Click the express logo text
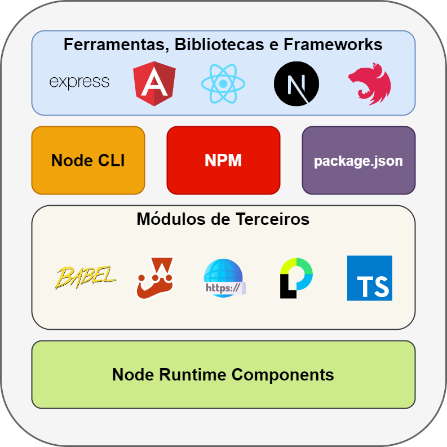[x=79, y=82]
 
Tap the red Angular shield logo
[x=154, y=84]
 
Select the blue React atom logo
[x=223, y=84]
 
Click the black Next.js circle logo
[x=296, y=84]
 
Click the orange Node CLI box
[x=88, y=160]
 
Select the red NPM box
[x=223, y=160]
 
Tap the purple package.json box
[x=359, y=160]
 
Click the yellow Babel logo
[x=86, y=277]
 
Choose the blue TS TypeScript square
[x=370, y=278]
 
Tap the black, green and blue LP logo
[x=296, y=278]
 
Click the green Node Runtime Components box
[x=223, y=374]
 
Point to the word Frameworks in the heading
[x=333, y=45]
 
